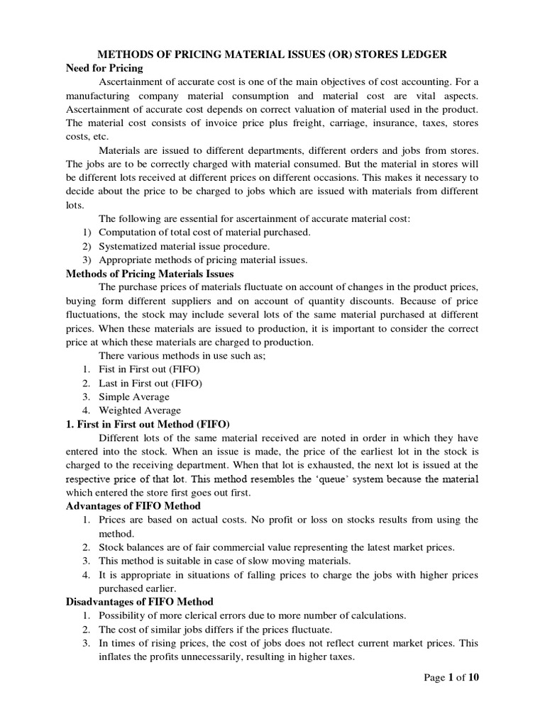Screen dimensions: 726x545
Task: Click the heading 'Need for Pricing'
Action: tap(104, 68)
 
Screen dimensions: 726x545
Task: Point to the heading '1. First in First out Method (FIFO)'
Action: tap(148, 424)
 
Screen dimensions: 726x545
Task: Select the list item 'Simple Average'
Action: tap(134, 396)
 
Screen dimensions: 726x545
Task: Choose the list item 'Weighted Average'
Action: tap(140, 410)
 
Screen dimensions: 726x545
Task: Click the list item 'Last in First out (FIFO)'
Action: tap(150, 383)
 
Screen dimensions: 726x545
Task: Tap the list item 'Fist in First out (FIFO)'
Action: tap(149, 369)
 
